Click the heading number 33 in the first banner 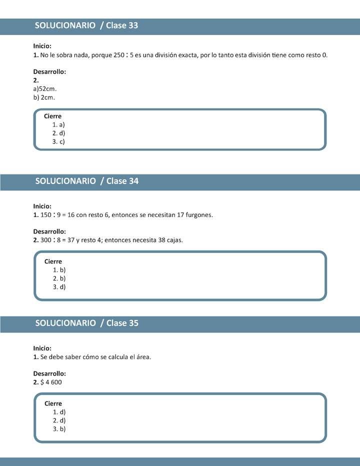pyautogui.click(x=133, y=25)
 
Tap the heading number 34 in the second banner pyautogui.click(x=133, y=181)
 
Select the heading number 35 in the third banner pyautogui.click(x=133, y=323)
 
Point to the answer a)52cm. pyautogui.click(x=44, y=88)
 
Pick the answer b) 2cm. pyautogui.click(x=44, y=97)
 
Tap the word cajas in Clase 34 pyautogui.click(x=174, y=240)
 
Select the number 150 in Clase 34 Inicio pyautogui.click(x=46, y=215)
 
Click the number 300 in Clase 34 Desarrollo pyautogui.click(x=46, y=240)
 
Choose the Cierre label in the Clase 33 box pyautogui.click(x=52, y=116)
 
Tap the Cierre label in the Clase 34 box pyautogui.click(x=53, y=261)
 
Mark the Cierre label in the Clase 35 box pyautogui.click(x=53, y=403)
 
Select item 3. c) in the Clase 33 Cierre pyautogui.click(x=58, y=141)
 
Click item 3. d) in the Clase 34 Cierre pyautogui.click(x=59, y=287)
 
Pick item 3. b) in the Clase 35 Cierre pyautogui.click(x=59, y=429)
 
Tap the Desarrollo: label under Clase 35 pyautogui.click(x=49, y=373)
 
